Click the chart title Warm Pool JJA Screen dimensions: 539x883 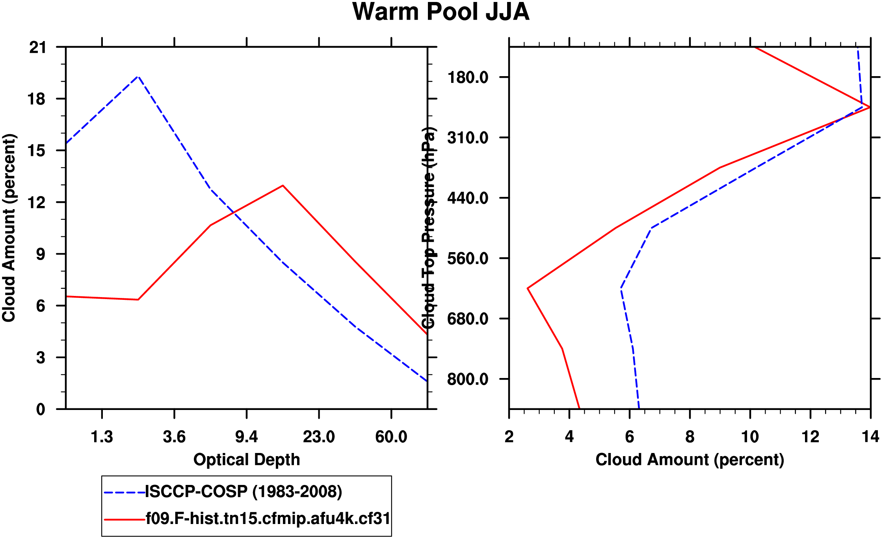click(441, 12)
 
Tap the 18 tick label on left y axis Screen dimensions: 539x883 click(36, 99)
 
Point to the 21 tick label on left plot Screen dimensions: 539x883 click(37, 47)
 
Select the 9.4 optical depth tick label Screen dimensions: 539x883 click(246, 437)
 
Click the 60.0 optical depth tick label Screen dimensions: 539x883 click(391, 437)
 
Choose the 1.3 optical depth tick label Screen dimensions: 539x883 click(102, 437)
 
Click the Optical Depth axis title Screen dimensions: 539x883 click(247, 460)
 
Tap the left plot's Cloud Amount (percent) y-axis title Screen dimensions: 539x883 click(9, 228)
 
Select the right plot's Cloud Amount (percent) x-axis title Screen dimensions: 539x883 click(690, 460)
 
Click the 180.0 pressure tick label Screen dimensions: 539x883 click(468, 77)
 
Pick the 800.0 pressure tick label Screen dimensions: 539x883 click(468, 379)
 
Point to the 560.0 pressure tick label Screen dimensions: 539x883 click(468, 258)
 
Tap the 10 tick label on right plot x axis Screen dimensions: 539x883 click(750, 437)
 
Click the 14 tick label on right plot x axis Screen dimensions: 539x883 click(870, 437)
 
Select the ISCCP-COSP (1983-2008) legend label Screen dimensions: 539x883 click(244, 492)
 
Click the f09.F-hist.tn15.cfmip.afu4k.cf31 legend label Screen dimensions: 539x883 click(268, 518)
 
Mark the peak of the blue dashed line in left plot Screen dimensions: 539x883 click(138, 77)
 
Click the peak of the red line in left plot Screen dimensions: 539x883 click(283, 185)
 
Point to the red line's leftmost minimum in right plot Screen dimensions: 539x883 click(528, 288)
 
